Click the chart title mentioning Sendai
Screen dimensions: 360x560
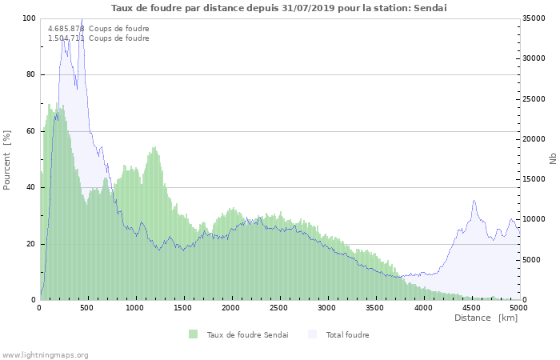coord(279,8)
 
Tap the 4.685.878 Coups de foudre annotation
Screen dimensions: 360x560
coord(98,29)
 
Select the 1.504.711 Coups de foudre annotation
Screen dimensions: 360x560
coord(98,38)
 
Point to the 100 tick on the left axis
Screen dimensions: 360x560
coord(30,18)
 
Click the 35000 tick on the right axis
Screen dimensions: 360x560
coord(534,18)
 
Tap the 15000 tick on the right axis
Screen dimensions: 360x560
coord(534,179)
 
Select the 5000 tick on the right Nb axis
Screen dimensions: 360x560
coord(531,260)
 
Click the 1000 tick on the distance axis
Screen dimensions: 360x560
coord(135,307)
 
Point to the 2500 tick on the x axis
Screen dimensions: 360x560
coord(278,307)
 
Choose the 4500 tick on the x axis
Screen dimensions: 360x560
coord(470,307)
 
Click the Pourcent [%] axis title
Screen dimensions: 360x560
coord(7,159)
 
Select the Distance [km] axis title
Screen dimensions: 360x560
coord(486,318)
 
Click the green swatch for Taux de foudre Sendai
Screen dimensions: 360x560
coord(194,334)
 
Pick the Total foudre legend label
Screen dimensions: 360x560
coord(347,334)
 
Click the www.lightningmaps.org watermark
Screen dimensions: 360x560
coord(45,354)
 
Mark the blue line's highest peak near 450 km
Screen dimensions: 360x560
coord(82,19)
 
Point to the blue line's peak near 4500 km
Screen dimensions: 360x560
coord(474,201)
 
